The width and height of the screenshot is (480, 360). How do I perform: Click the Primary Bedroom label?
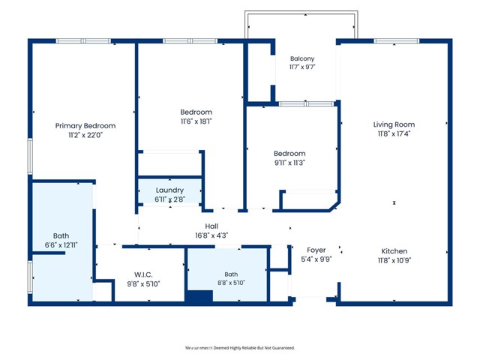click(85, 126)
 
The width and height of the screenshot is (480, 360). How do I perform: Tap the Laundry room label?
click(169, 190)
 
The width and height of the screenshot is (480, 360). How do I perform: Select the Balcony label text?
click(302, 58)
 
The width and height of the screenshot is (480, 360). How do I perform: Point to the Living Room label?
click(394, 124)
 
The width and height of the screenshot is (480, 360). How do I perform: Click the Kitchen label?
click(394, 251)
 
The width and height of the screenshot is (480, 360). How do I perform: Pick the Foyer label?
click(316, 250)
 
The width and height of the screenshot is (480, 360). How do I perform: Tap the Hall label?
click(211, 226)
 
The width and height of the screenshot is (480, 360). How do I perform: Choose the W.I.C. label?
click(143, 274)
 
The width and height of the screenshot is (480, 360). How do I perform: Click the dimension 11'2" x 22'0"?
click(85, 135)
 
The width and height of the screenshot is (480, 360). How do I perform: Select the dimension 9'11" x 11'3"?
click(289, 163)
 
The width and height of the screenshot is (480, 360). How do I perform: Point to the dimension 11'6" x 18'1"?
click(196, 121)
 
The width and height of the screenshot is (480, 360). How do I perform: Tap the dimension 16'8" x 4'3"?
click(211, 235)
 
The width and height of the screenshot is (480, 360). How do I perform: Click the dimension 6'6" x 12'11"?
click(61, 245)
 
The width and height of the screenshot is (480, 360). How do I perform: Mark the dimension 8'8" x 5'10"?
click(231, 283)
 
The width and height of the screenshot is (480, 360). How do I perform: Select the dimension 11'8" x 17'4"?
click(394, 133)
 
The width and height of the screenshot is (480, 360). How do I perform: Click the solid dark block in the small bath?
click(199, 296)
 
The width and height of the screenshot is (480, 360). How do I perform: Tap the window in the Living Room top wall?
click(397, 41)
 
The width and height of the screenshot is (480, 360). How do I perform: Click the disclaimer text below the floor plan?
click(240, 348)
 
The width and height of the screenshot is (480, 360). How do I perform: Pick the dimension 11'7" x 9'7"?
click(302, 67)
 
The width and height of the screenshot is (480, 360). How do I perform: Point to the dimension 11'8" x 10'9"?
click(394, 260)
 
